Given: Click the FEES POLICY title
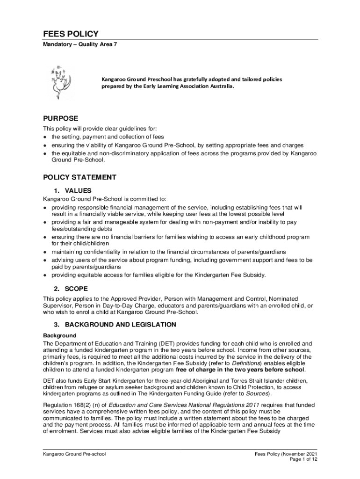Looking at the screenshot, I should [x=71, y=34].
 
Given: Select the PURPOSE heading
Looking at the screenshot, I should [x=60, y=118].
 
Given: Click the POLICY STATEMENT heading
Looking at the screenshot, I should [x=79, y=177].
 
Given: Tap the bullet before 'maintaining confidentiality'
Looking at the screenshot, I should [x=45, y=252].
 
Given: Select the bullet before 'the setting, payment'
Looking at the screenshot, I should [x=45, y=137].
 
